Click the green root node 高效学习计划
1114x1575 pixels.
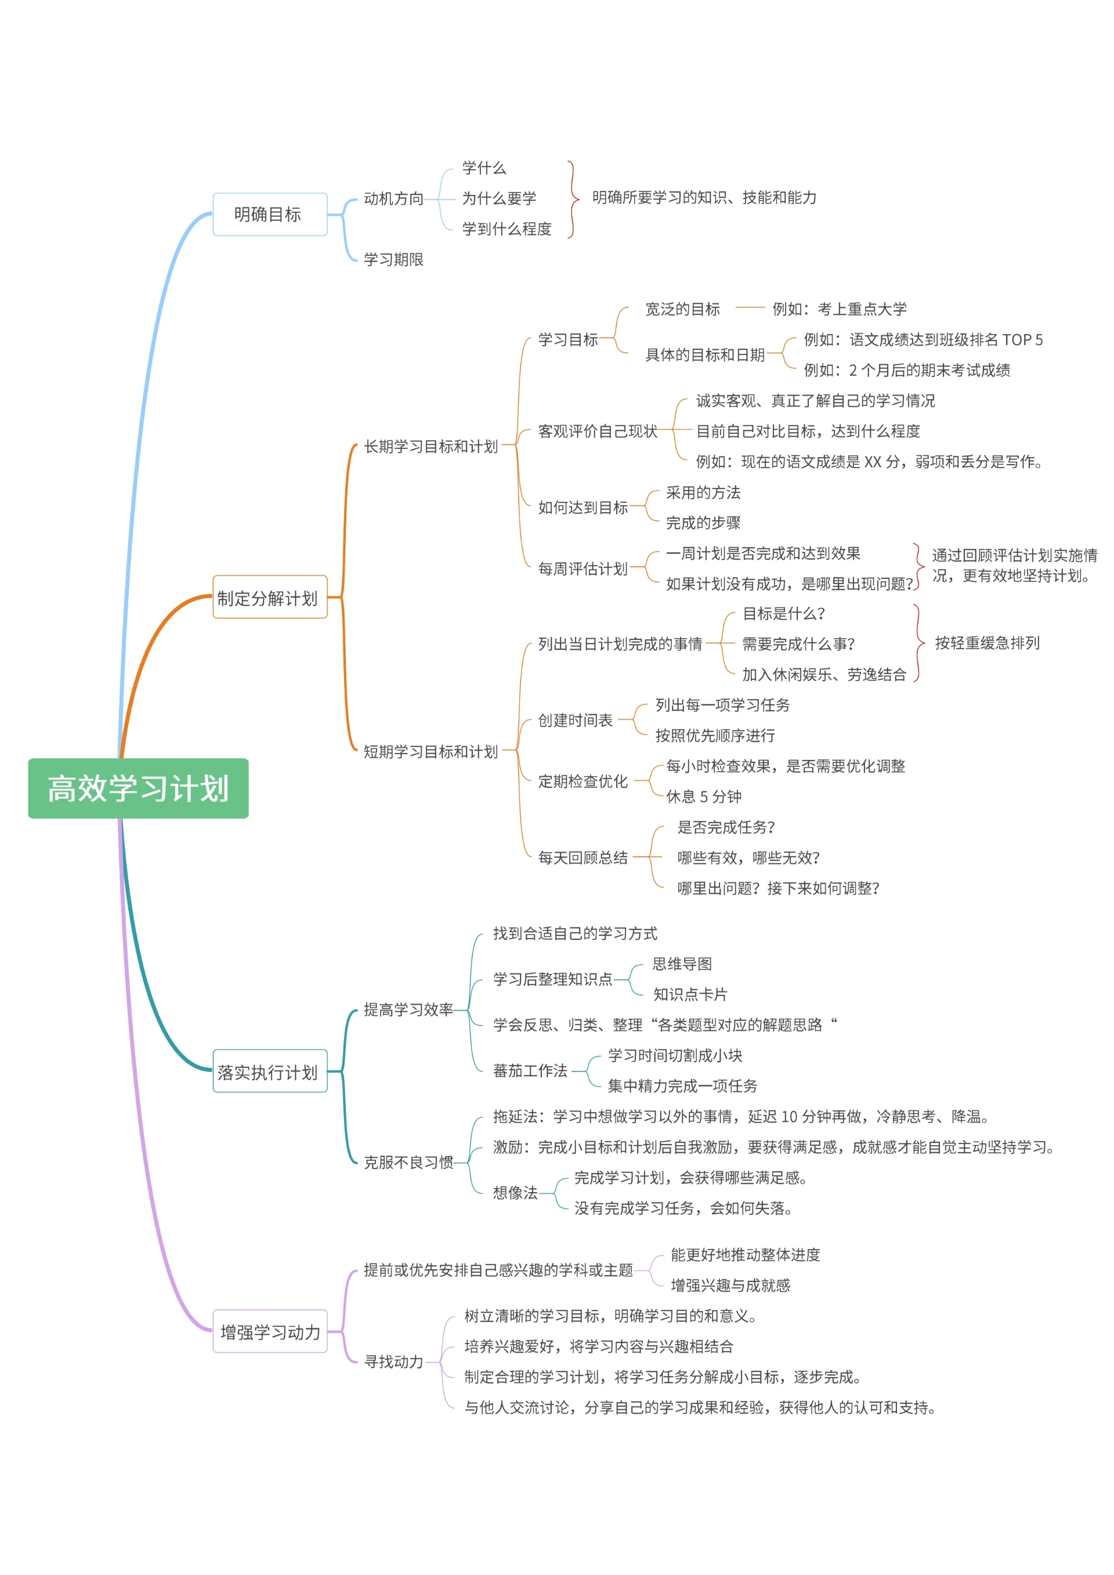click(138, 788)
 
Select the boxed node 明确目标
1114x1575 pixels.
click(270, 215)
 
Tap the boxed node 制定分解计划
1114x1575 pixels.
click(270, 598)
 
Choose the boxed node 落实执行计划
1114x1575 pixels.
click(270, 1071)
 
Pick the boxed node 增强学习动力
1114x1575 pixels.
click(270, 1332)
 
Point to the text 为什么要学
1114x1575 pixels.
click(499, 199)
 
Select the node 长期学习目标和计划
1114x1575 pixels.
click(430, 447)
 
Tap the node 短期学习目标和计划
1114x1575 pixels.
click(430, 752)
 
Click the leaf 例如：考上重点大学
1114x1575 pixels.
click(839, 309)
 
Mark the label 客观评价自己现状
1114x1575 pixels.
click(597, 432)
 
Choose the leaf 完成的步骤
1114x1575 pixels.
click(703, 523)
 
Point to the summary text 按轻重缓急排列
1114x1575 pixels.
click(986, 643)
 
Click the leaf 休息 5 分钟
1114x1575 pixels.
click(703, 797)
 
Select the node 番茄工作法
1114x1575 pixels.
click(530, 1071)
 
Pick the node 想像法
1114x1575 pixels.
click(515, 1193)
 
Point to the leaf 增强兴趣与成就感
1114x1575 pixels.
click(730, 1286)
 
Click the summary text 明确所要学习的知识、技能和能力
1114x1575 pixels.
click(704, 198)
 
